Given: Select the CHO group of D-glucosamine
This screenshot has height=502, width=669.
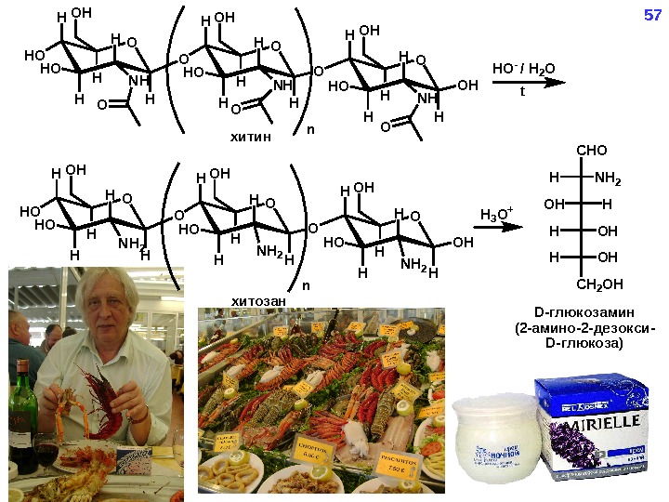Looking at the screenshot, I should point(591,149).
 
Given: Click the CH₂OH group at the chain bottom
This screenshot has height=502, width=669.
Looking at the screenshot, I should point(598,283).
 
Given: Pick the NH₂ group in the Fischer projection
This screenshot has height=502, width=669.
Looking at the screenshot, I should point(608,176).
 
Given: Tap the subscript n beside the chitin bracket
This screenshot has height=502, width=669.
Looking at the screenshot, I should point(310,129).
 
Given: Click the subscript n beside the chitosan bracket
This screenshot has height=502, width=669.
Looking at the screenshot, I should point(306,285).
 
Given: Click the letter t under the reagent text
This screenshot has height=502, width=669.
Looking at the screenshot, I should point(522,93).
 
